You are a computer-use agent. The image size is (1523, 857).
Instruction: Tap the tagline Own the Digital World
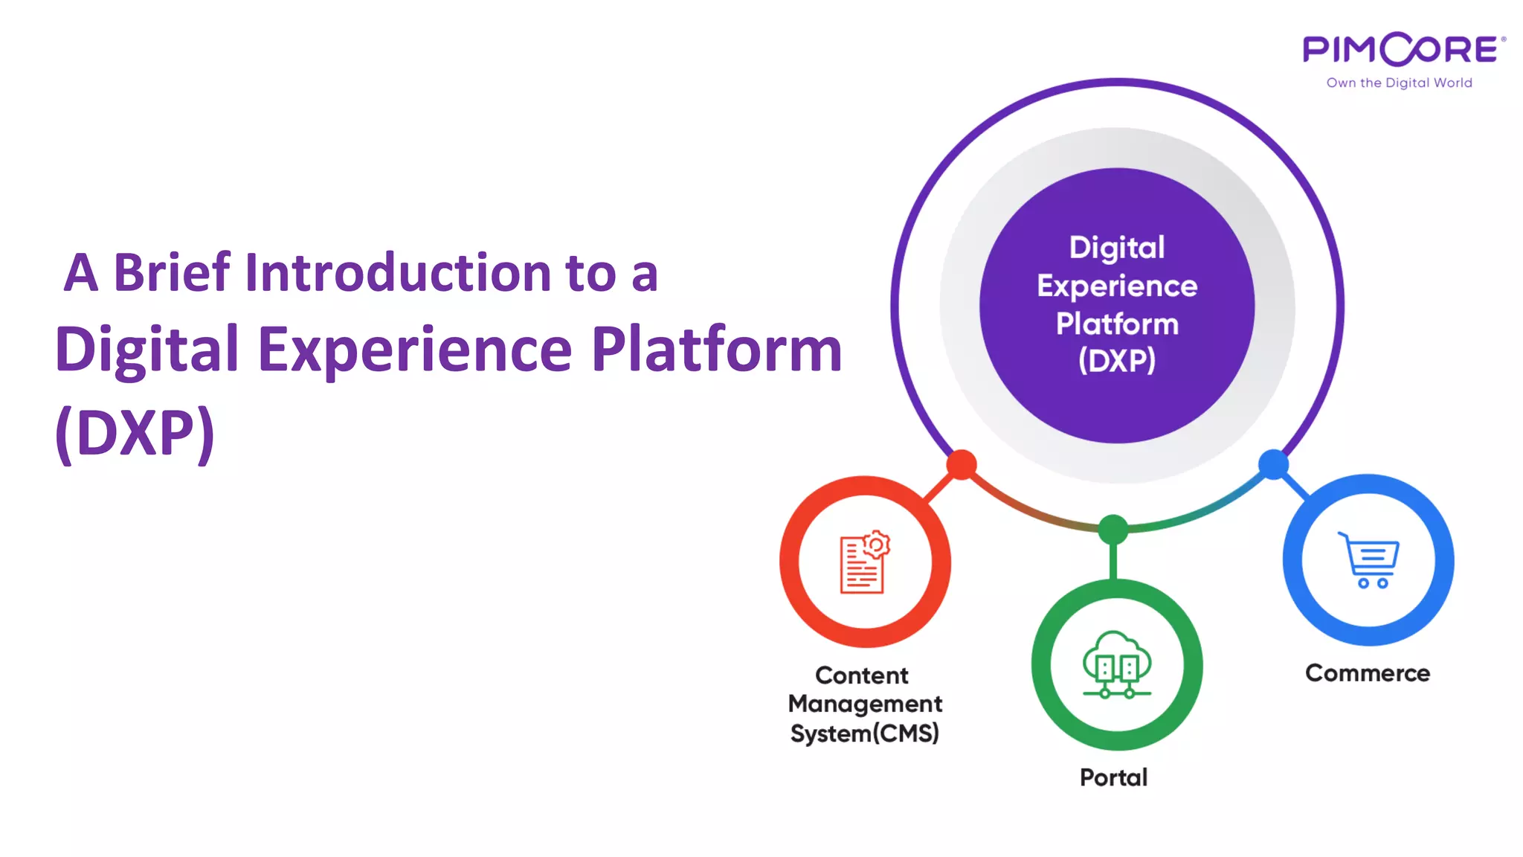click(x=1399, y=83)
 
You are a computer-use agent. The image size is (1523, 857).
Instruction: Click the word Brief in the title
click(x=172, y=272)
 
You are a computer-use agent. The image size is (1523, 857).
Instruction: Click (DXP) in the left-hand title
click(x=135, y=432)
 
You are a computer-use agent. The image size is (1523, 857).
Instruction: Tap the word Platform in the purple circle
click(x=1117, y=324)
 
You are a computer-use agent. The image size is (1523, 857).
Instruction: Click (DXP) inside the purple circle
click(x=1117, y=361)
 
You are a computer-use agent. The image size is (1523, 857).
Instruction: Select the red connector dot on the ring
click(x=962, y=465)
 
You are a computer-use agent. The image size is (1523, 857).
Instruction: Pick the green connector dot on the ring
click(x=1113, y=530)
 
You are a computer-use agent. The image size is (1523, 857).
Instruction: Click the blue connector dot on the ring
click(x=1273, y=464)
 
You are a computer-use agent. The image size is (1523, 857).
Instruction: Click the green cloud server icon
click(x=1116, y=665)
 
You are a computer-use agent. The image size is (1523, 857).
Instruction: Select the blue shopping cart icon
click(x=1368, y=560)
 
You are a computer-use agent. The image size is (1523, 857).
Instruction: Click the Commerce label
click(x=1367, y=673)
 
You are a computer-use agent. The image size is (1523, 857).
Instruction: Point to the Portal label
click(x=1113, y=777)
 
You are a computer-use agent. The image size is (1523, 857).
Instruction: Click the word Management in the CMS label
click(x=865, y=704)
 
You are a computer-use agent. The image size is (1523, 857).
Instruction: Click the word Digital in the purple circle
click(x=1117, y=248)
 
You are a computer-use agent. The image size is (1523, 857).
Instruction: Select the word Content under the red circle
click(x=862, y=675)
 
